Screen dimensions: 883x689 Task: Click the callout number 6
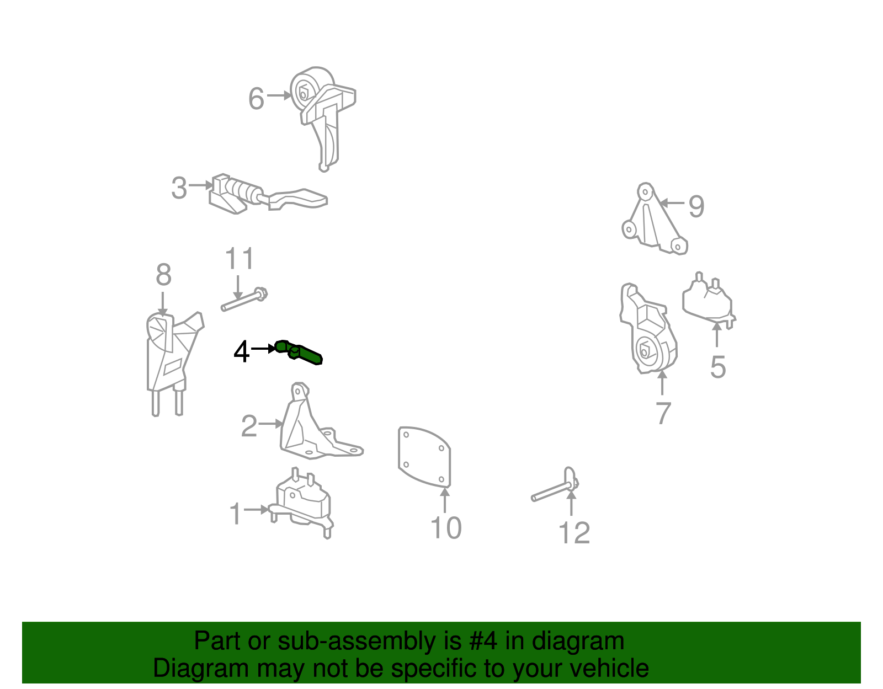(257, 99)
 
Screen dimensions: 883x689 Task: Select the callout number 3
(179, 188)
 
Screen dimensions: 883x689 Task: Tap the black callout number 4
(241, 351)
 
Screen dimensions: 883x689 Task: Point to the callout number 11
(240, 258)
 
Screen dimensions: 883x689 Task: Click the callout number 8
(164, 275)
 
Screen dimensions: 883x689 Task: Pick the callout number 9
(696, 206)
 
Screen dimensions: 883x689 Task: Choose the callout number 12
(574, 533)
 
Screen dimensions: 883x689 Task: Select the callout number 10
(446, 528)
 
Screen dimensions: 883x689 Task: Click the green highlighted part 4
(299, 352)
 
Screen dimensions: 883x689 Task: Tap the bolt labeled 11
(244, 300)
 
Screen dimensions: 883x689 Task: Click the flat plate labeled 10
(424, 457)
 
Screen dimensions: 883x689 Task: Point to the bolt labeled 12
(555, 485)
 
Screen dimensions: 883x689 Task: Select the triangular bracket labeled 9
(654, 219)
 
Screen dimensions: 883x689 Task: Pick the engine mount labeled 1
(301, 503)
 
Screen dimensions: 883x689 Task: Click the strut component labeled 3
(268, 194)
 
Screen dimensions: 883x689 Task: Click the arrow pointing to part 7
(662, 382)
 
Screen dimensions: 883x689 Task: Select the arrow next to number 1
(257, 509)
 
